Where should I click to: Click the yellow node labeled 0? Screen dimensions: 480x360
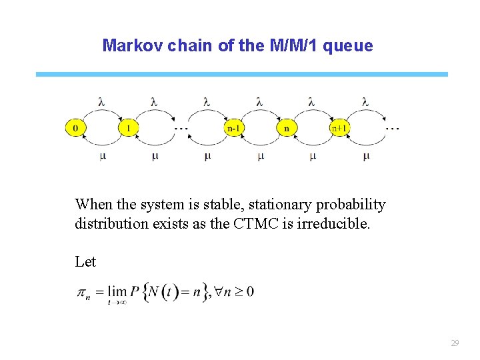pyautogui.click(x=75, y=128)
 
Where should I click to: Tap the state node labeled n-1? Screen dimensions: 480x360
pyautogui.click(x=233, y=128)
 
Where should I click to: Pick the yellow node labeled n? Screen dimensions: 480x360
pyautogui.click(x=286, y=128)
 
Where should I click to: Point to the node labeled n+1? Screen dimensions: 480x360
pyautogui.click(x=339, y=128)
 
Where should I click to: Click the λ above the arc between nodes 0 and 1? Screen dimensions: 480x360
pyautogui.click(x=101, y=102)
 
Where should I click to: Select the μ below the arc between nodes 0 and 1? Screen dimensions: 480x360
pyautogui.click(x=102, y=156)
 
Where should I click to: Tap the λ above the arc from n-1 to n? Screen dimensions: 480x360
pyautogui.click(x=259, y=102)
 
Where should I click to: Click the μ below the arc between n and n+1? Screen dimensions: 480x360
pyautogui.click(x=312, y=156)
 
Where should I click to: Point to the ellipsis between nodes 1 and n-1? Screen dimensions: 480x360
pyautogui.click(x=181, y=128)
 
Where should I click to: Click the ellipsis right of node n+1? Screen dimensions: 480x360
pyautogui.click(x=393, y=128)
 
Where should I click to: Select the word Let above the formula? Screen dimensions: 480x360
pyautogui.click(x=85, y=262)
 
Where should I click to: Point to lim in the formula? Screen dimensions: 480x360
pyautogui.click(x=117, y=291)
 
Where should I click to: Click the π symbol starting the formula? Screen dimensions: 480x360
pyautogui.click(x=84, y=293)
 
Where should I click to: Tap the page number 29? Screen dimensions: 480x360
pyautogui.click(x=455, y=343)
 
